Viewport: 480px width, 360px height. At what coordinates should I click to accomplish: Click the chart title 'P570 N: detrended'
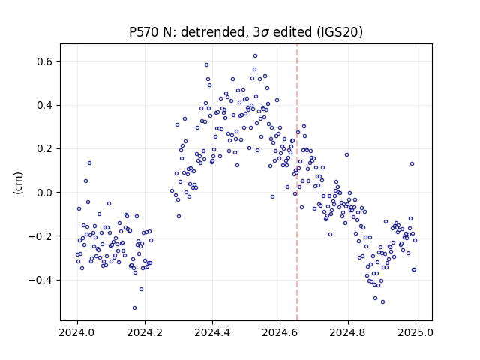pyautogui.click(x=189, y=32)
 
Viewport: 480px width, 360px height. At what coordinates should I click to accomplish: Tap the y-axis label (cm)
pyautogui.click(x=18, y=183)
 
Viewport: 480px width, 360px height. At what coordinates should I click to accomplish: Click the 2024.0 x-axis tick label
pyautogui.click(x=77, y=332)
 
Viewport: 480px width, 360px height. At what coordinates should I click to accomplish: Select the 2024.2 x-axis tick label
pyautogui.click(x=145, y=332)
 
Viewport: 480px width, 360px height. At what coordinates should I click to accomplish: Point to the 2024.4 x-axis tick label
pyautogui.click(x=212, y=332)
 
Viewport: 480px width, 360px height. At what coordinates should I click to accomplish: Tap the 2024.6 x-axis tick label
pyautogui.click(x=280, y=332)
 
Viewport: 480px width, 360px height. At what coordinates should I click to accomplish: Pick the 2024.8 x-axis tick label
pyautogui.click(x=348, y=332)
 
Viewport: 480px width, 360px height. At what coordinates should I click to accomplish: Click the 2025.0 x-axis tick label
pyautogui.click(x=415, y=332)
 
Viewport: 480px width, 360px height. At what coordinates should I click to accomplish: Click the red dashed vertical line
pyautogui.click(x=297, y=182)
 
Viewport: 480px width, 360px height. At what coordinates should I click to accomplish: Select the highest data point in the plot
pyautogui.click(x=255, y=56)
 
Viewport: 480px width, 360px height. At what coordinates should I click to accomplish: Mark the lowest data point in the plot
pyautogui.click(x=134, y=308)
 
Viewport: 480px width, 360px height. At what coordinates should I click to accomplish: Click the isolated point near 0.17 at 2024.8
pyautogui.click(x=346, y=155)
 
